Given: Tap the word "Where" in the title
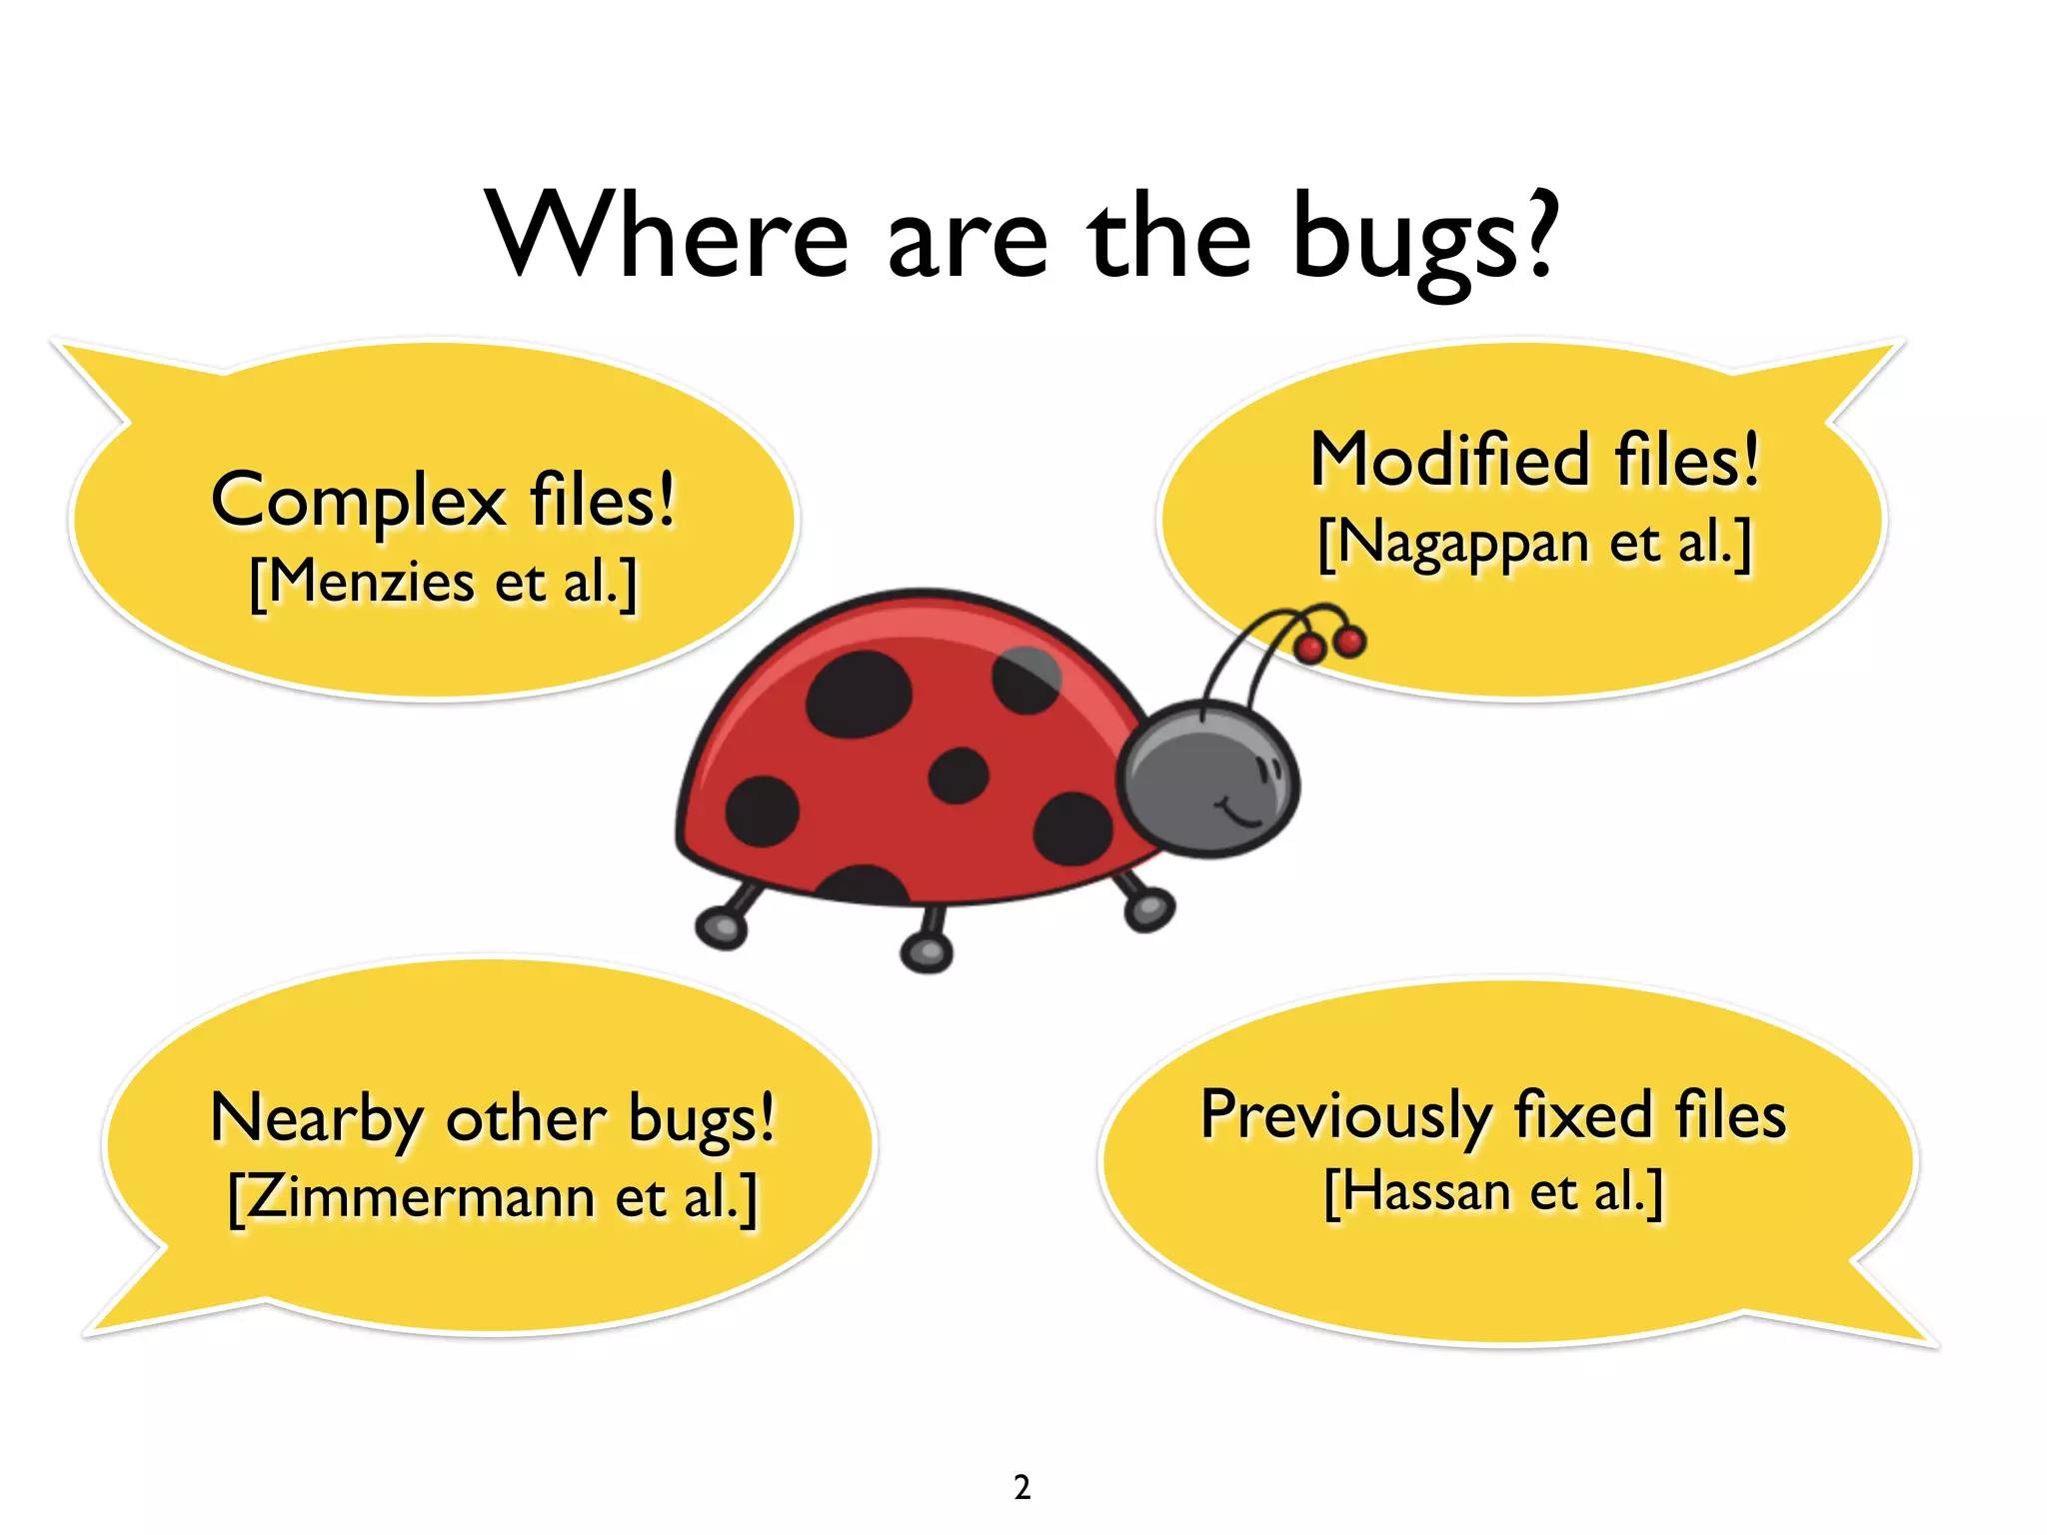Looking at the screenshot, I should [x=668, y=236].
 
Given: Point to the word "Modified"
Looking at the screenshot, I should [x=1450, y=461].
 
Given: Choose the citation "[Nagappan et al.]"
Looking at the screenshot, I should [x=1534, y=545].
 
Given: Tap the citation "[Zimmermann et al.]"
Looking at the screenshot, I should [x=493, y=1197].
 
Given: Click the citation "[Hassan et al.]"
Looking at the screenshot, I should [x=1493, y=1192].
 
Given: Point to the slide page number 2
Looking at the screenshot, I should [x=1022, y=1487].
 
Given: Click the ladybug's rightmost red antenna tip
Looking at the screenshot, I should [x=1349, y=641].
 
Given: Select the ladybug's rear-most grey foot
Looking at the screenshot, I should [x=722, y=926].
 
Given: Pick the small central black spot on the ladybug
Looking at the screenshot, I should [x=959, y=775].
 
